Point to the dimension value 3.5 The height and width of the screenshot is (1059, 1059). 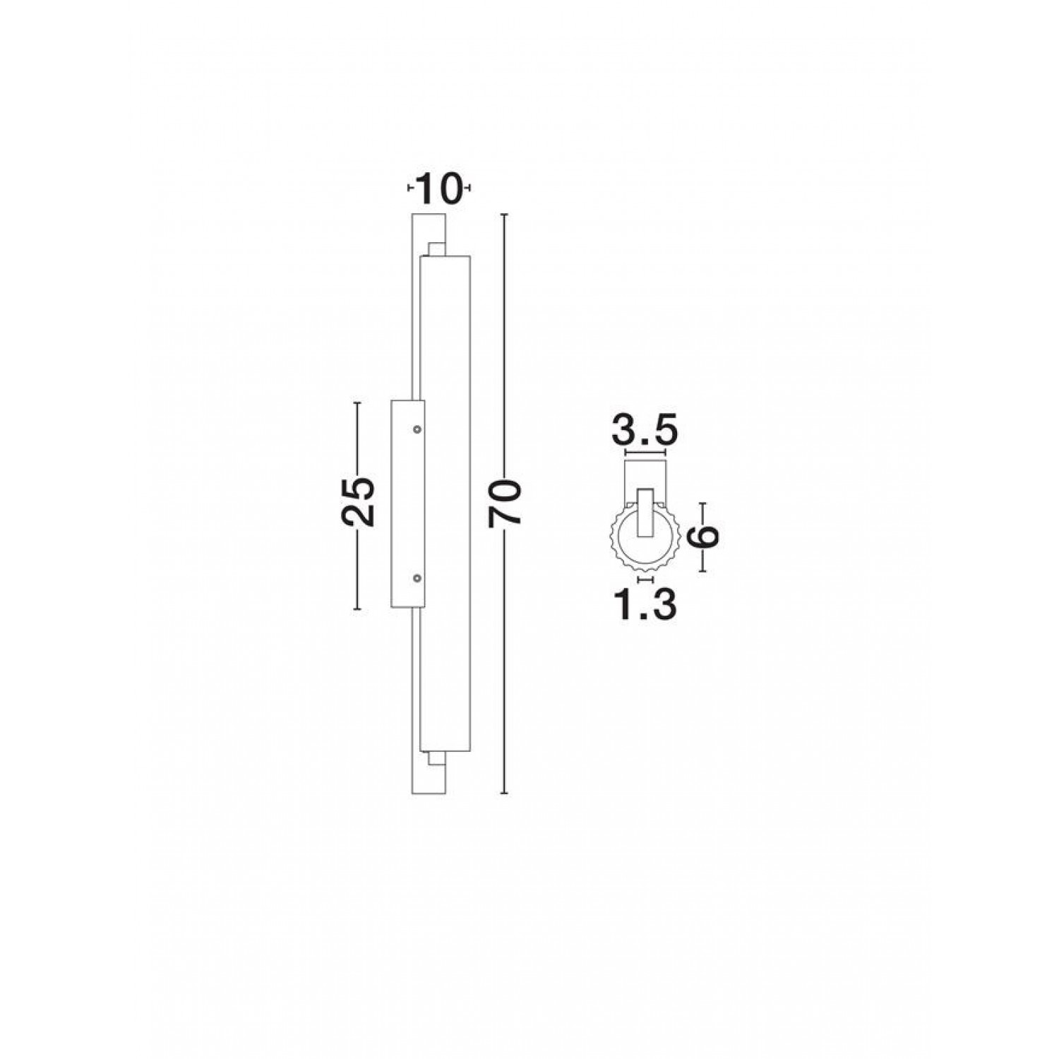coord(645,430)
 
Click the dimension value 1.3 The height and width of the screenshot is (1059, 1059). coord(645,605)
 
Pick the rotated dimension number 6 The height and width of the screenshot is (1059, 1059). coord(704,536)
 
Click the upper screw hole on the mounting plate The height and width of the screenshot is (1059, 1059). coord(417,429)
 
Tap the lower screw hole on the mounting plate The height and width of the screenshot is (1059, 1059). coord(417,578)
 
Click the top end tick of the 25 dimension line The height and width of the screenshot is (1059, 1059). coord(357,402)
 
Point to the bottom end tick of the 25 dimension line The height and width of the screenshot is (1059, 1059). coord(357,609)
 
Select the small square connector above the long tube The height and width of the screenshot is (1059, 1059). coord(436,249)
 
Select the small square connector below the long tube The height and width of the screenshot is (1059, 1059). coord(436,759)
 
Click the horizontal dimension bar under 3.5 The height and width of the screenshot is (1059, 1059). coord(645,453)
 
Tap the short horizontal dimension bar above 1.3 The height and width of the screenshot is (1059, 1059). coord(645,579)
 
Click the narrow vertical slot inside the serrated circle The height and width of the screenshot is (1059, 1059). coord(644,514)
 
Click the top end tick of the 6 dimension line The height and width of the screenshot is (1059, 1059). coord(703,503)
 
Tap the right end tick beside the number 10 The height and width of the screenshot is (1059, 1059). coord(468,189)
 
